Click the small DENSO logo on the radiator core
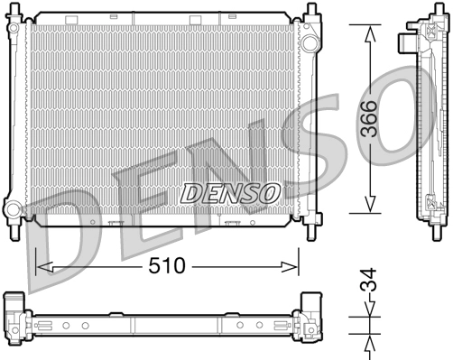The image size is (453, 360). (229, 191)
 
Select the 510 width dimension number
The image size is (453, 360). (168, 267)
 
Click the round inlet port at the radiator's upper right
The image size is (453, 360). (309, 43)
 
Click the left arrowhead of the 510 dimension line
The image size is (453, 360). (40, 267)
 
